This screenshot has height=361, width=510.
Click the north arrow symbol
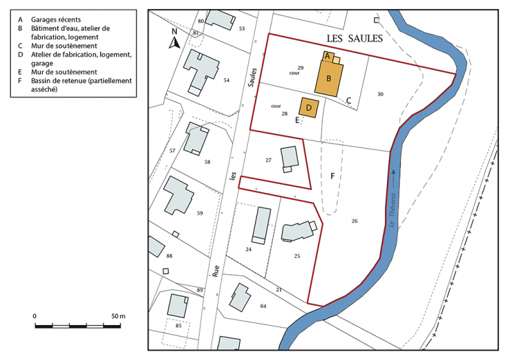[x=176, y=40]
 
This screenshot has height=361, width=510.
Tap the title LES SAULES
[x=354, y=39]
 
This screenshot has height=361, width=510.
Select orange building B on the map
[x=330, y=78]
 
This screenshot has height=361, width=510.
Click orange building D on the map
[x=308, y=107]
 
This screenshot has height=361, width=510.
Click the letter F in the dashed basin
[x=333, y=176]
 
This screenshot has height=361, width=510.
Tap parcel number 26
[x=355, y=221]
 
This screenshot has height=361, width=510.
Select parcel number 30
[x=380, y=93]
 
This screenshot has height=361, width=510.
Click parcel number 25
[x=296, y=256]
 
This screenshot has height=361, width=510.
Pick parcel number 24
[x=248, y=249]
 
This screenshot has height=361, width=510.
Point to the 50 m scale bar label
[x=117, y=316]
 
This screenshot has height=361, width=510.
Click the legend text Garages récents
[x=53, y=19]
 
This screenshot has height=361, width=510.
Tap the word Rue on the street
[x=217, y=272]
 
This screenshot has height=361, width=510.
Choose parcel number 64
[x=263, y=306]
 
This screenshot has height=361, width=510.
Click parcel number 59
[x=200, y=213]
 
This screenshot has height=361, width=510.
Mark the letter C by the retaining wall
[x=349, y=100]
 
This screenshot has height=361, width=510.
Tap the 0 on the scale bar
[x=35, y=316]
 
